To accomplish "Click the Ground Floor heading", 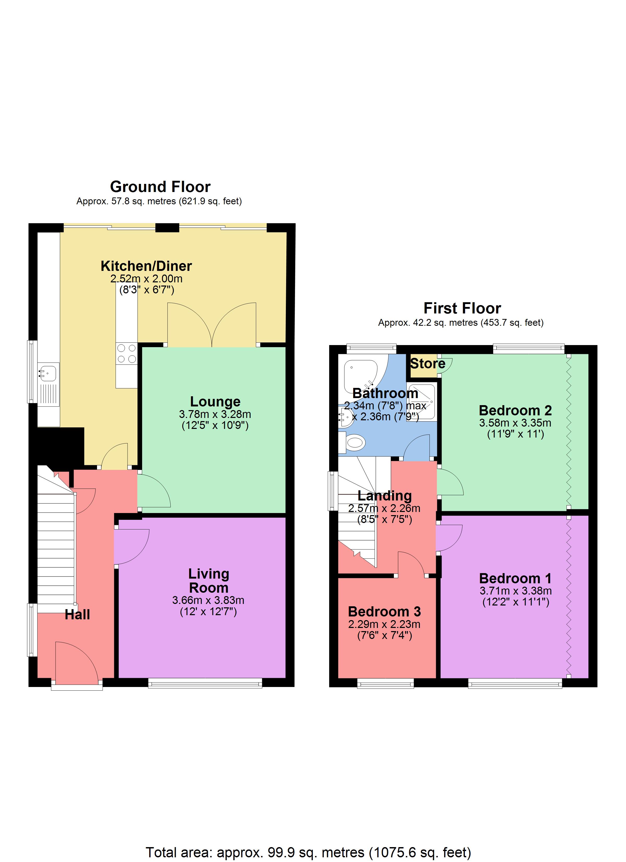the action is (160, 187).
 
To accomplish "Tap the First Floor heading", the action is (462, 308).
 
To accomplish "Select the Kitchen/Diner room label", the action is (146, 266).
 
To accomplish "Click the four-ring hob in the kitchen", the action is (127, 353).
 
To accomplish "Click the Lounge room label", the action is (215, 402).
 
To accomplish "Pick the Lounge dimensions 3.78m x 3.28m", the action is (215, 414).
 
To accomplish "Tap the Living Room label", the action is (209, 581).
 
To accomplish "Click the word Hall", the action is (77, 615).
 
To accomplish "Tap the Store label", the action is (428, 364).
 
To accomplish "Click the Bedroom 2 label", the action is (515, 410).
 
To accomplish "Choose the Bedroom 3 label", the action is (384, 611).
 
